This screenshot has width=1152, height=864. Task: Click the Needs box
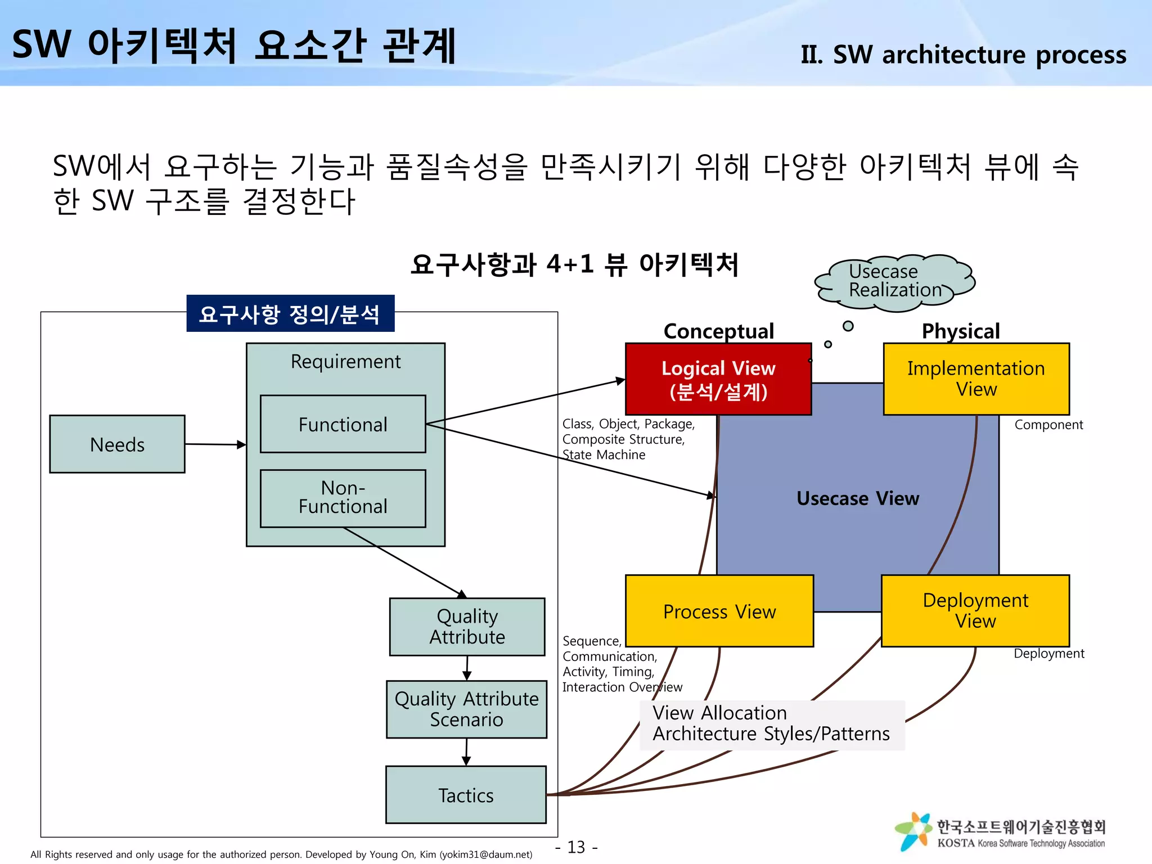(117, 444)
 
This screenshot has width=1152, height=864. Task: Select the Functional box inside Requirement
(343, 424)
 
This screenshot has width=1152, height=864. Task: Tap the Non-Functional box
(343, 498)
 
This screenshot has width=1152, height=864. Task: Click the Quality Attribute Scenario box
(466, 709)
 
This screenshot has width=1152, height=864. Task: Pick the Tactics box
(466, 795)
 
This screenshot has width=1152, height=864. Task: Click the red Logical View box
(718, 379)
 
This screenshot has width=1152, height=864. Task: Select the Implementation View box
(976, 379)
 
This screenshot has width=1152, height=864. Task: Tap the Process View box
(719, 611)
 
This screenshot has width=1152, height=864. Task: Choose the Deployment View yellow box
(975, 611)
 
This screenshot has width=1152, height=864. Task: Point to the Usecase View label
(858, 498)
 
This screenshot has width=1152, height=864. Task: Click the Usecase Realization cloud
(894, 281)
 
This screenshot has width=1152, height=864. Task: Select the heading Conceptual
(718, 331)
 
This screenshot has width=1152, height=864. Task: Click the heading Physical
(960, 331)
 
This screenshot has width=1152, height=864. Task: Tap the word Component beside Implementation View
(1048, 425)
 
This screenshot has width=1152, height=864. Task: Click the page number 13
(576, 847)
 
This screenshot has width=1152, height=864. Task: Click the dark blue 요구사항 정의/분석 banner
(290, 314)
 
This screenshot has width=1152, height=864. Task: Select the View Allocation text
(719, 713)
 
